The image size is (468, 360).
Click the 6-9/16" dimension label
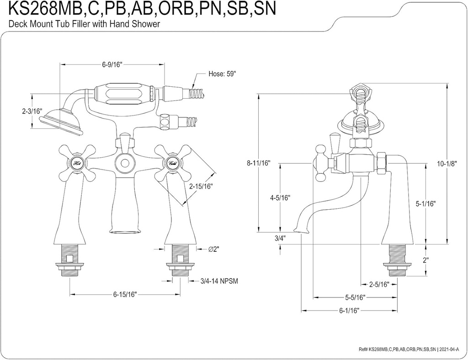tap(112, 65)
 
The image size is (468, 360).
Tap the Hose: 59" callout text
tap(223, 74)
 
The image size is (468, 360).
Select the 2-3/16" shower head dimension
tap(32, 111)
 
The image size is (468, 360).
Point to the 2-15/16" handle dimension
tap(201, 186)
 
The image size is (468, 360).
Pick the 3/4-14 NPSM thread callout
tap(219, 281)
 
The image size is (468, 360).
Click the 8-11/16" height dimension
tap(259, 163)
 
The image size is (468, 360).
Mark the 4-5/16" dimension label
tap(280, 198)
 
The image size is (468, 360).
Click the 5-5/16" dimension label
tap(355, 298)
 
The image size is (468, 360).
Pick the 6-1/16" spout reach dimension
tap(348, 311)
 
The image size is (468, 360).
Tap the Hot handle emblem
tap(77, 162)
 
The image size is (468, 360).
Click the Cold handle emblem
tap(172, 162)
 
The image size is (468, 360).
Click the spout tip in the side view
tap(299, 231)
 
